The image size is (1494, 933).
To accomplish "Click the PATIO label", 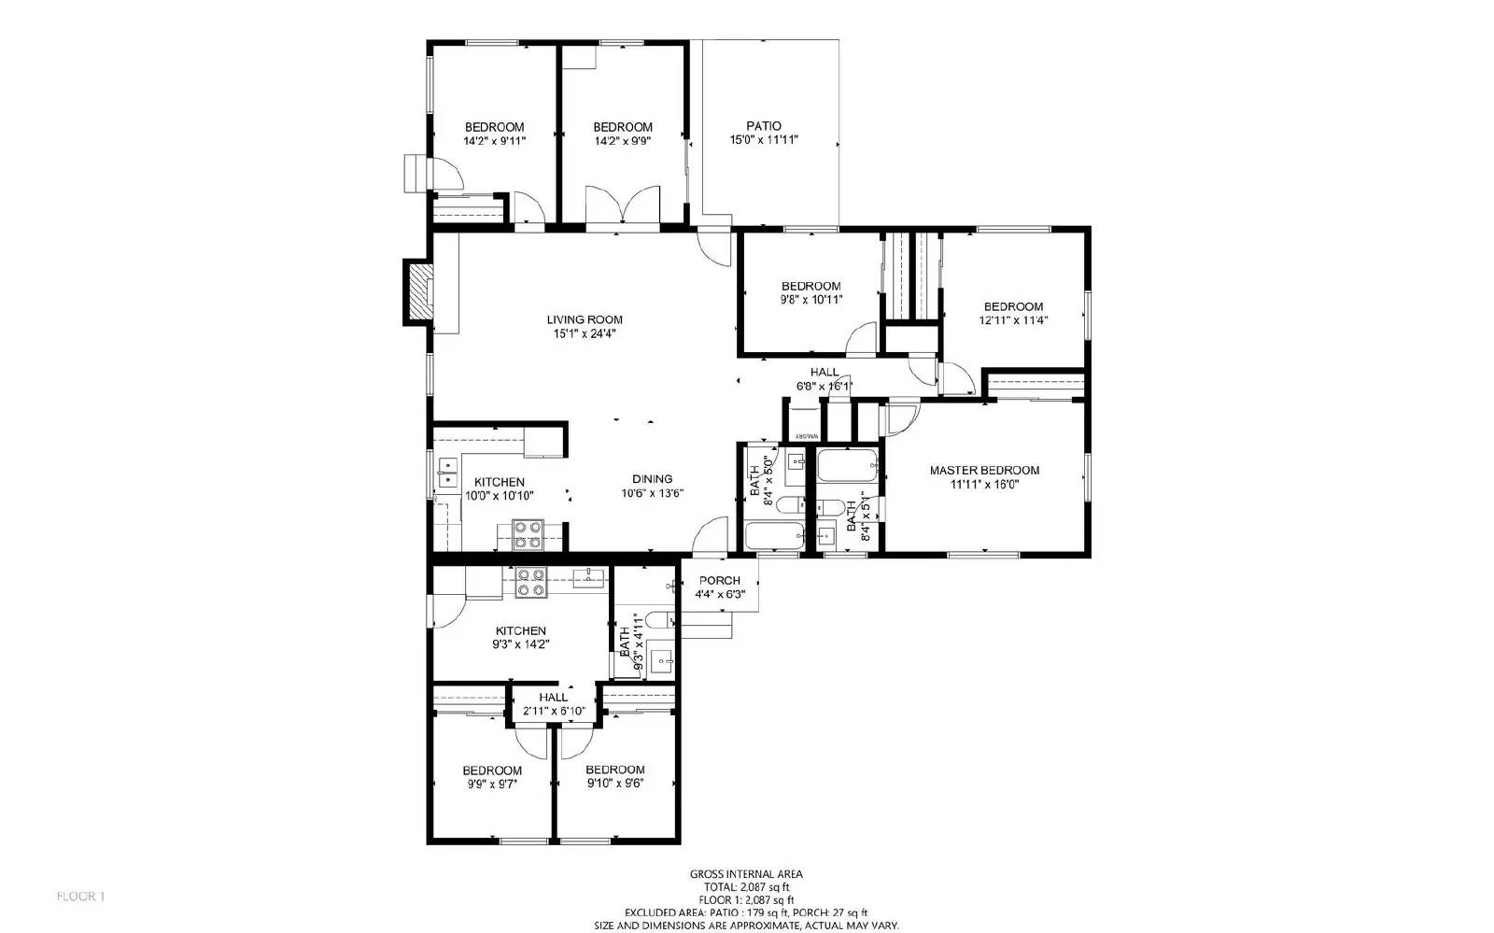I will (763, 126).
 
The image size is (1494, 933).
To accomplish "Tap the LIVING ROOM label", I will (585, 319).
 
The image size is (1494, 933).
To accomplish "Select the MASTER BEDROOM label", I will (984, 471).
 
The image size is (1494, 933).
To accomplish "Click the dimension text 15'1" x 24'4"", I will (585, 333).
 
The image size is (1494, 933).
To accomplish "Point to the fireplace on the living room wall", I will (419, 292).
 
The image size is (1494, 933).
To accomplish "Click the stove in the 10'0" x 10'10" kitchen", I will (529, 533).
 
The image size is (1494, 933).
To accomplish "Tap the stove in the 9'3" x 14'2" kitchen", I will (531, 583).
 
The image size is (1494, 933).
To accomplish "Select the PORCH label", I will (719, 581).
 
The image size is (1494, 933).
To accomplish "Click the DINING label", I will (652, 479).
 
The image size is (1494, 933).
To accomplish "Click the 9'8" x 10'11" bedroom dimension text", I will (811, 300).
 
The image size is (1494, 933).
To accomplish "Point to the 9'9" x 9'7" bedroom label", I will (492, 770).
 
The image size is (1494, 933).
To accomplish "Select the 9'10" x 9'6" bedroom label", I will (615, 770).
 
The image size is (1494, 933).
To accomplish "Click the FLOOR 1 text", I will (80, 897).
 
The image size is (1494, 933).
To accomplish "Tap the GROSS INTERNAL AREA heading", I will (746, 874).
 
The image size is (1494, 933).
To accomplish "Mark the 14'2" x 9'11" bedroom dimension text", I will (494, 141).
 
